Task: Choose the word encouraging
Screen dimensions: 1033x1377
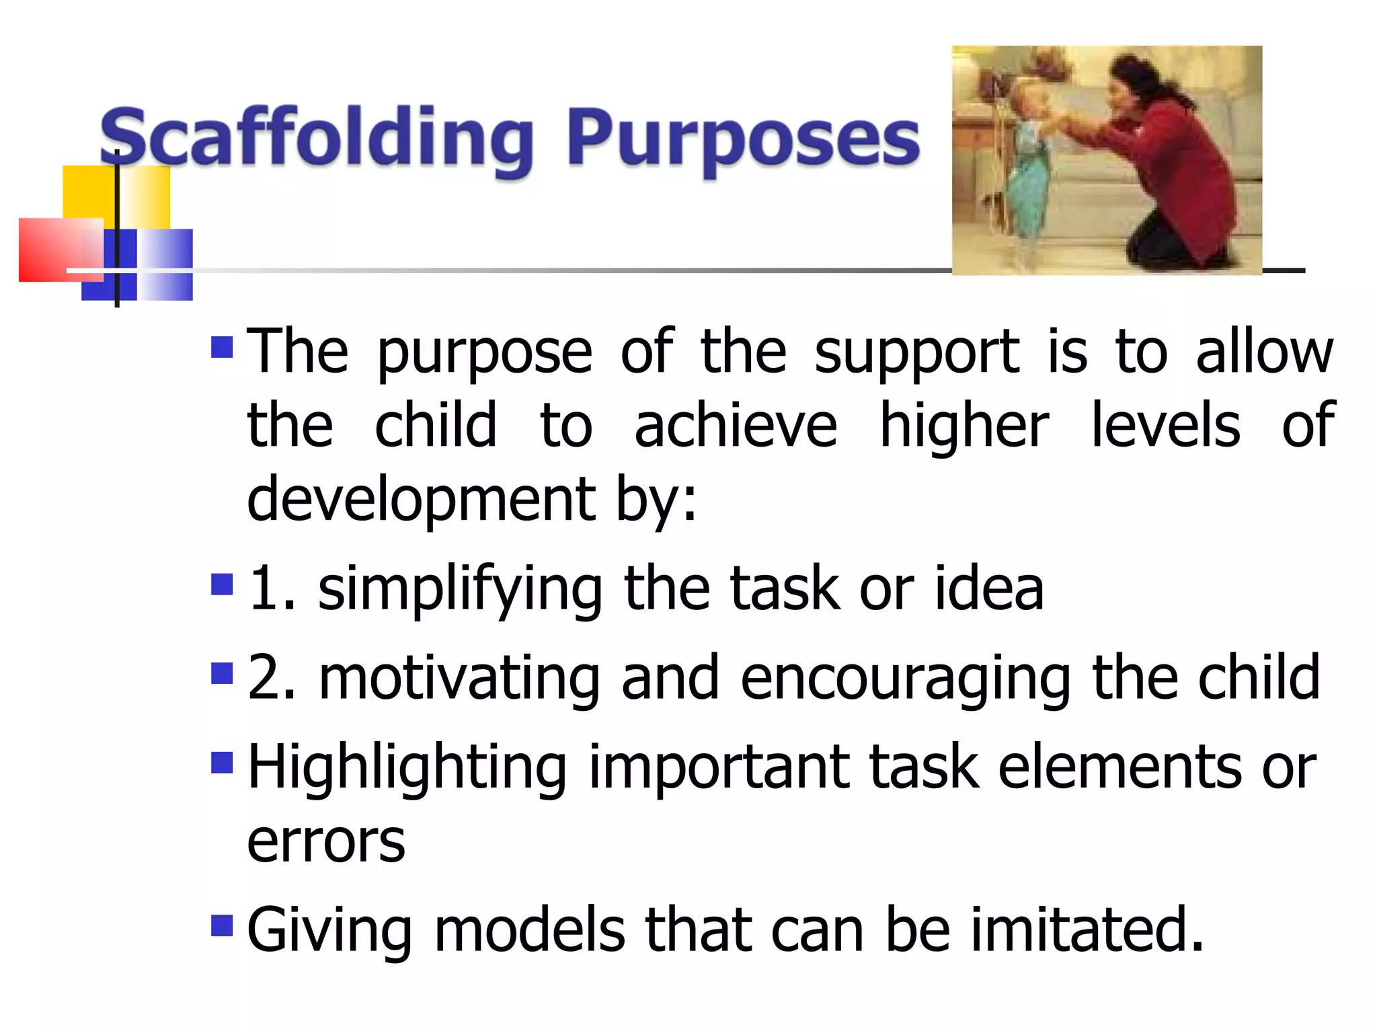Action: tap(905, 679)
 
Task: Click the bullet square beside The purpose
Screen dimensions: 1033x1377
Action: tap(222, 348)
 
